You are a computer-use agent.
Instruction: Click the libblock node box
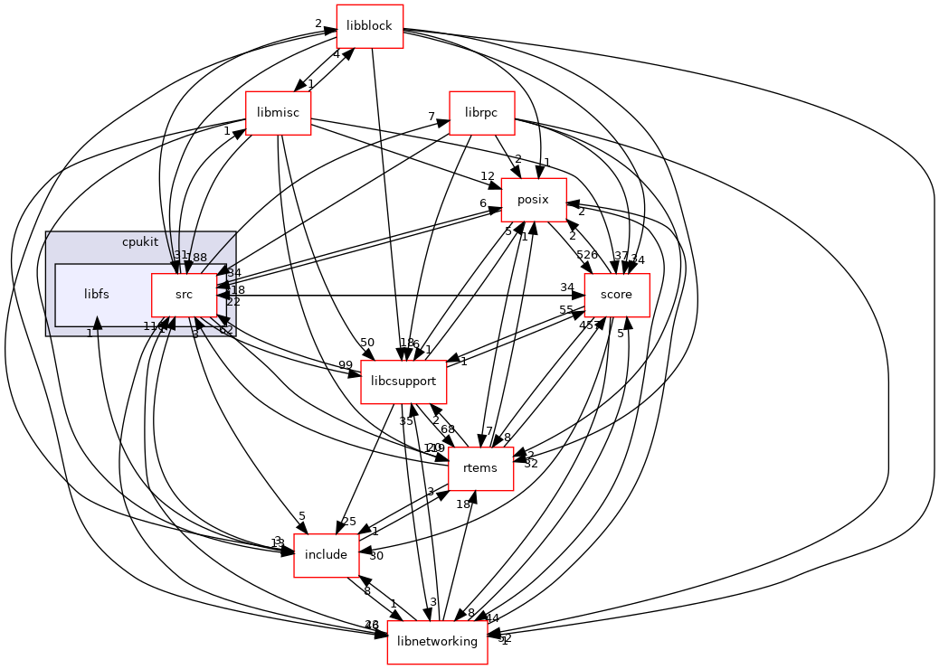[369, 26]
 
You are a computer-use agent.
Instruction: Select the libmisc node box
[279, 113]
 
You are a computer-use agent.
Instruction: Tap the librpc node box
[481, 113]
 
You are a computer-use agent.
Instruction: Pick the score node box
[617, 295]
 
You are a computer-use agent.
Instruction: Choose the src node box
[184, 295]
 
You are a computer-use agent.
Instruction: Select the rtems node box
[481, 468]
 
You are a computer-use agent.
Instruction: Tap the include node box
[327, 555]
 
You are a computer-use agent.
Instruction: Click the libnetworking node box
[438, 642]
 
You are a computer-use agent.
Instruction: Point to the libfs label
[97, 294]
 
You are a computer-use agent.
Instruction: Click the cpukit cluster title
[140, 243]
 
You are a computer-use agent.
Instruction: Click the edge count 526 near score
[587, 254]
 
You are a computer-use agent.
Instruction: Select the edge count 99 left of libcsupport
[345, 364]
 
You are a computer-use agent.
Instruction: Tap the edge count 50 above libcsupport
[366, 342]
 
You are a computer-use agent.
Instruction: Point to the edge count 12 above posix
[488, 176]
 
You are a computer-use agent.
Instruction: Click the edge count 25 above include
[349, 522]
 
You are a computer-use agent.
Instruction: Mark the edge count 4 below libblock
[337, 54]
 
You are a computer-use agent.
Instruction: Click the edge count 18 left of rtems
[463, 504]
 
